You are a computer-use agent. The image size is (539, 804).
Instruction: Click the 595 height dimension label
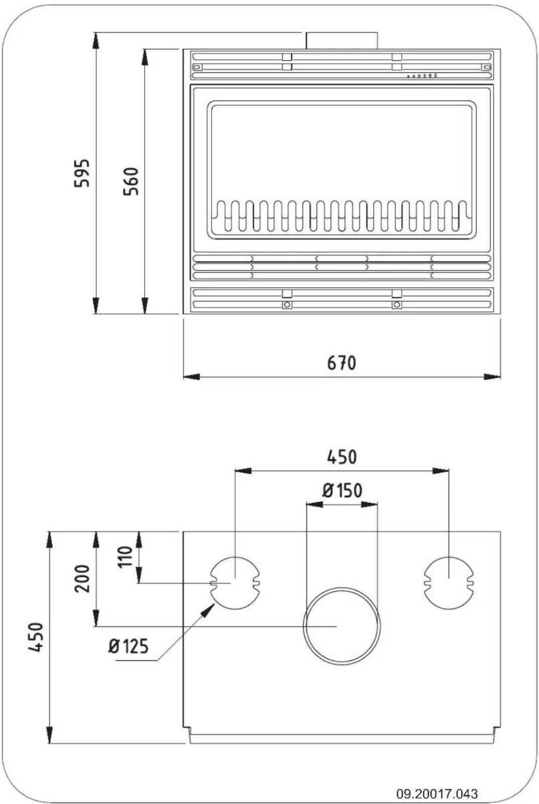82,173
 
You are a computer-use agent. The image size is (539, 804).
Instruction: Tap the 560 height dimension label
131,181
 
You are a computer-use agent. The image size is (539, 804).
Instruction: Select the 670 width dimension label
342,363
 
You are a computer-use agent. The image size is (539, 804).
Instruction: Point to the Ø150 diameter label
342,490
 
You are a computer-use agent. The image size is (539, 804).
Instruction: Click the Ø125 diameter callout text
129,646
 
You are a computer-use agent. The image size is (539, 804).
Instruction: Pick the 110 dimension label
125,556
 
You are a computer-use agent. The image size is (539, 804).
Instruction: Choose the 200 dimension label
82,579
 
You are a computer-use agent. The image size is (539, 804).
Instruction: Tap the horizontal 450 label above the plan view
342,457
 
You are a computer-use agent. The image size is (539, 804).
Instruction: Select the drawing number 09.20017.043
437,793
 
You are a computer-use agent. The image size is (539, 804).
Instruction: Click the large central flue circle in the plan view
342,626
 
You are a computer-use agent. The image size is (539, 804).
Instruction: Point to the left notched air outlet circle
235,583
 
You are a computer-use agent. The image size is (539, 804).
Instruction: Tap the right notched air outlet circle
449,583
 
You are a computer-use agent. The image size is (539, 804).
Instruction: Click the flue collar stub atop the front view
342,41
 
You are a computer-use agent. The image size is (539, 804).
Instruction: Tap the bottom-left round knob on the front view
287,305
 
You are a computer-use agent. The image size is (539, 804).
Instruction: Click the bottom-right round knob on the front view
397,305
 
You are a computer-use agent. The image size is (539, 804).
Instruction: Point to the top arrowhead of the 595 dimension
96,40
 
